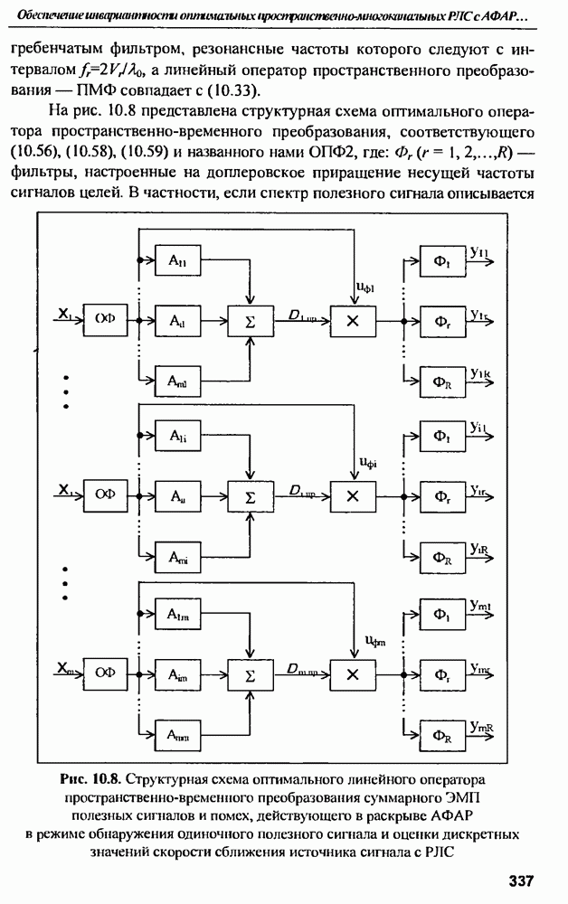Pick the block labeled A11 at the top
(x=177, y=259)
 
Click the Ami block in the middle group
(x=177, y=554)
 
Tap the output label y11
(x=479, y=253)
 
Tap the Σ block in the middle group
(x=251, y=495)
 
